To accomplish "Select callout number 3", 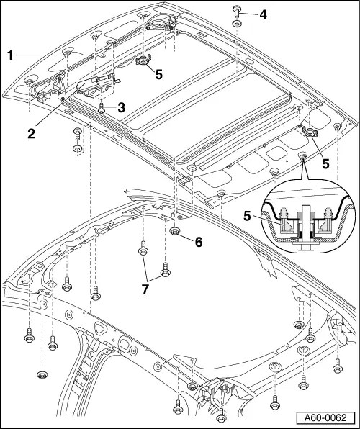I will (122, 107).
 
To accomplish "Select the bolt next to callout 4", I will (237, 11).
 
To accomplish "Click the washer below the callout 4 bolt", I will (237, 24).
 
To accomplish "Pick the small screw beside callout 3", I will (102, 108).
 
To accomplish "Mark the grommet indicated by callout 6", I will (175, 232).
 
